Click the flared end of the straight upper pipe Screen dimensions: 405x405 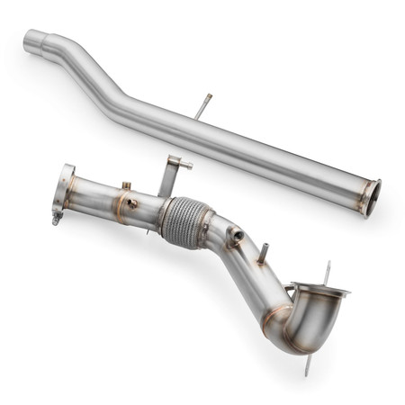pos(371,197)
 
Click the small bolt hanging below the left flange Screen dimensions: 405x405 pos(57,217)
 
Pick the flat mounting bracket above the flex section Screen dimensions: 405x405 pos(169,175)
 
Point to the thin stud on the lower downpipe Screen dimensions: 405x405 pos(263,253)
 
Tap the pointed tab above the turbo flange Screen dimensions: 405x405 pos(327,271)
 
